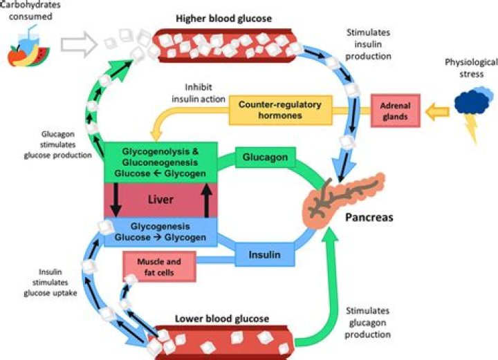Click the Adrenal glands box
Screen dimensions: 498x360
tap(396, 111)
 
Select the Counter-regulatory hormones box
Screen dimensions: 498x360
tap(280, 110)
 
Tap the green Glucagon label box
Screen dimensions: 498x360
tap(265, 158)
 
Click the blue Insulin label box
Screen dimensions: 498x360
tap(265, 254)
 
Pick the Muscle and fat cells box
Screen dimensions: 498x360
tap(159, 267)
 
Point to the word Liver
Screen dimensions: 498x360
tap(160, 200)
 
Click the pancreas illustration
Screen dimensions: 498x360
tap(342, 199)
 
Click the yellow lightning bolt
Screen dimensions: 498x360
tap(471, 128)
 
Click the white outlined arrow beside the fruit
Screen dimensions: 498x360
tap(79, 44)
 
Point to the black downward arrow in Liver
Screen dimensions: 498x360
tap(116, 200)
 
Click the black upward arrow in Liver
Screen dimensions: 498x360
tap(207, 200)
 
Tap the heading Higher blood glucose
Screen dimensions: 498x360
tap(224, 19)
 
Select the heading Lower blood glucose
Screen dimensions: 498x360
tap(222, 319)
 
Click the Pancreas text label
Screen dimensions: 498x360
tap(369, 217)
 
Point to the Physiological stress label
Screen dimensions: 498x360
tap(471, 68)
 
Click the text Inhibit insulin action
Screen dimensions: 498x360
tap(199, 93)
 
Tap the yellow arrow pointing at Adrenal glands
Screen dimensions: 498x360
tap(437, 111)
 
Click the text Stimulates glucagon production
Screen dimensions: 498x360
tap(368, 323)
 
